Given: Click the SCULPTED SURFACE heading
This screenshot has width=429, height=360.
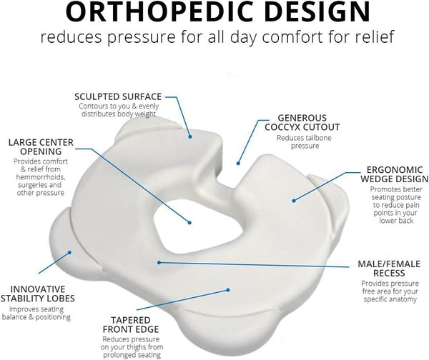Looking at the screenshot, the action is [118, 96].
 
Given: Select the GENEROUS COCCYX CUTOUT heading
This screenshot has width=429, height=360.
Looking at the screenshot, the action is [302, 122].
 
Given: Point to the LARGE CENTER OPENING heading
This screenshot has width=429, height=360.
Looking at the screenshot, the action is [41, 147].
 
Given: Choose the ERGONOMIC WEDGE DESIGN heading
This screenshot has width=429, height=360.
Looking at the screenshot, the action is [395, 174].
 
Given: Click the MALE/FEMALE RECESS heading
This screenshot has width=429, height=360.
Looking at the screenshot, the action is [389, 269].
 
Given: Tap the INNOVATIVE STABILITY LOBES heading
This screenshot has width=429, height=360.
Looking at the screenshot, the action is [37, 294].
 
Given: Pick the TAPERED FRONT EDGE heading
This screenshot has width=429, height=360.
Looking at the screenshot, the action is [131, 324].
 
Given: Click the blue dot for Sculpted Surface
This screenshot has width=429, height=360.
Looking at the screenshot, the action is [190, 136].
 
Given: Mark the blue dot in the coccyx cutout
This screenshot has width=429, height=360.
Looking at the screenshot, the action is [238, 163].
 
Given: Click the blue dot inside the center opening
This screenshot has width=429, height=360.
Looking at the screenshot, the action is [189, 223].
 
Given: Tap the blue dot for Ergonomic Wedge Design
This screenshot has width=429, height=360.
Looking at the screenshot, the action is [294, 201].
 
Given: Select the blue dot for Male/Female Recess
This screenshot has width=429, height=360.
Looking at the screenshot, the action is [159, 262].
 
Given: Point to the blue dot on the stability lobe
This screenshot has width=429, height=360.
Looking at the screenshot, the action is [69, 252].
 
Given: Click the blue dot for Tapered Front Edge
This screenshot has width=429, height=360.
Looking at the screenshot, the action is [227, 290].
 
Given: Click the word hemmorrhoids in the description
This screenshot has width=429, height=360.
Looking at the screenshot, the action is [41, 177].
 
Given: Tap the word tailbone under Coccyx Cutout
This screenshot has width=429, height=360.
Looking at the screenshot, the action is [318, 138].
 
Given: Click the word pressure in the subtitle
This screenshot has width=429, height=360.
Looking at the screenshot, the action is [141, 37].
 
